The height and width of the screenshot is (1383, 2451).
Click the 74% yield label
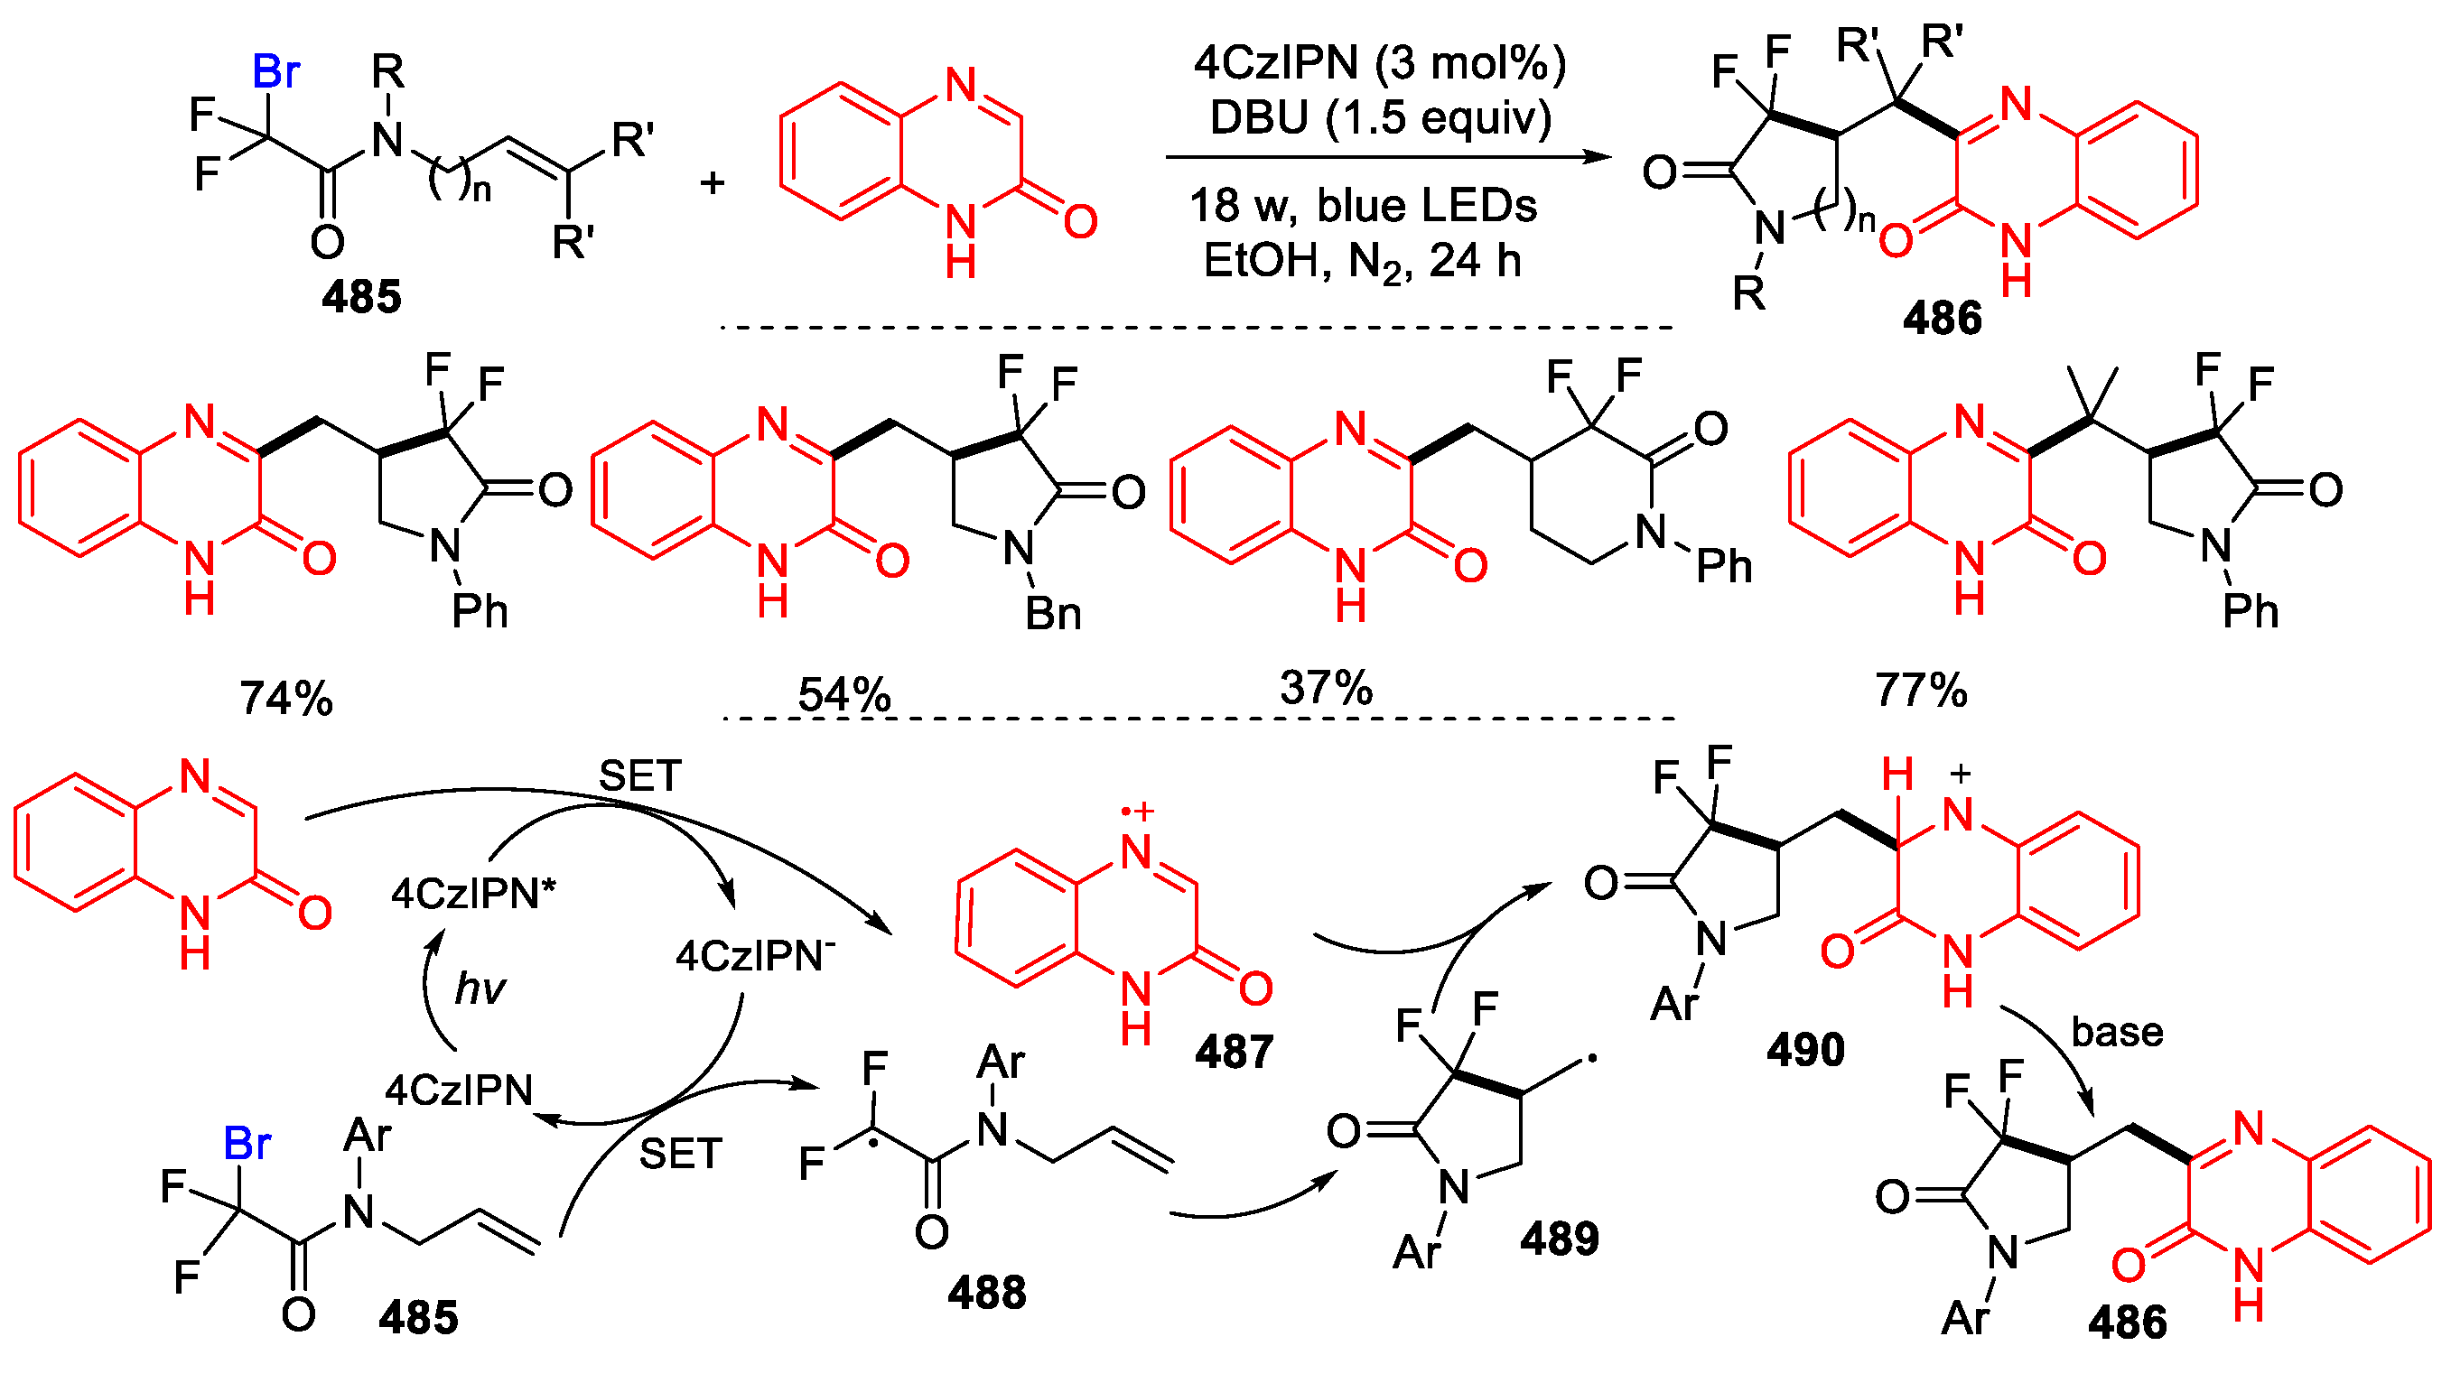click(x=286, y=698)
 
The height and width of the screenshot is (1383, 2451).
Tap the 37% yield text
click(x=1327, y=687)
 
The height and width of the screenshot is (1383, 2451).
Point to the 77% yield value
click(x=1920, y=690)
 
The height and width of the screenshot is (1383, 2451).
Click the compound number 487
click(x=1234, y=1052)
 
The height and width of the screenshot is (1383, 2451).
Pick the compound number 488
click(x=987, y=1293)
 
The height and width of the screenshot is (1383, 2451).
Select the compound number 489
click(x=1560, y=1239)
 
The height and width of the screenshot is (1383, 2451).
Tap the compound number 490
click(x=1805, y=1050)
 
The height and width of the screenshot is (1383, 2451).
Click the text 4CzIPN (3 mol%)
click(x=1380, y=63)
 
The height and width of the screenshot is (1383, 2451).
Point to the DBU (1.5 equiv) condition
click(x=1381, y=117)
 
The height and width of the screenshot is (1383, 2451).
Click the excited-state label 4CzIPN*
click(x=473, y=893)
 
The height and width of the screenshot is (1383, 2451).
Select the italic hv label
click(x=480, y=989)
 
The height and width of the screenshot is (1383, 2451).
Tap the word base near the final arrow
click(x=2117, y=1032)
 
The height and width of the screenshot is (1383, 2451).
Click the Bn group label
click(x=1053, y=615)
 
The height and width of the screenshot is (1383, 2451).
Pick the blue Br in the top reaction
click(x=276, y=71)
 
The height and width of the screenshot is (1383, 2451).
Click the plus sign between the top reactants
click(x=712, y=181)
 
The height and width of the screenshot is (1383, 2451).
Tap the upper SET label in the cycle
click(x=639, y=776)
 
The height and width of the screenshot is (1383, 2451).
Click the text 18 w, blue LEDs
click(x=1363, y=206)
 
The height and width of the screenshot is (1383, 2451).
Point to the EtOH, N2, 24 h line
click(x=1363, y=261)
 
